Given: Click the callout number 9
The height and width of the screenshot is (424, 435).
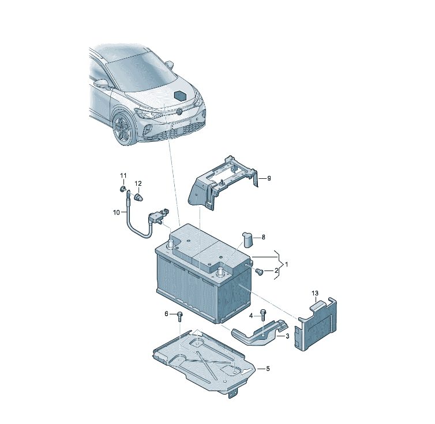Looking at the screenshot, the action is pyautogui.click(x=269, y=178).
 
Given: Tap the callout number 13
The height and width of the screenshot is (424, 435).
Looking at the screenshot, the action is pyautogui.click(x=315, y=293).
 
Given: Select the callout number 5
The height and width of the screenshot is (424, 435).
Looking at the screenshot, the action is pyautogui.click(x=268, y=369).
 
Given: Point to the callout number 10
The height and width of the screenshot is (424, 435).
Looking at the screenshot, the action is pyautogui.click(x=116, y=212).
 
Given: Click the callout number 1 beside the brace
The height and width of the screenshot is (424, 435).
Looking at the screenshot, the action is pyautogui.click(x=286, y=264).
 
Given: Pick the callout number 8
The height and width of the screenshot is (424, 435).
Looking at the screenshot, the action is pyautogui.click(x=263, y=237).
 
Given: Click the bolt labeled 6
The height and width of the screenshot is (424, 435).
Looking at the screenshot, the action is pyautogui.click(x=180, y=316).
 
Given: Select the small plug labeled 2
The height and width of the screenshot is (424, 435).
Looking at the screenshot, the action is pyautogui.click(x=260, y=271).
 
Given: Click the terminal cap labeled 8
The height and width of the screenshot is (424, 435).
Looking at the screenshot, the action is pyautogui.click(x=248, y=240).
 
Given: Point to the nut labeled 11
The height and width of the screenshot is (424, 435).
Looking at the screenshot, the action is pyautogui.click(x=122, y=189).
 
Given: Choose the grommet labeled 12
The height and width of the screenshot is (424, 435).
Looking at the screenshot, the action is pyautogui.click(x=138, y=197).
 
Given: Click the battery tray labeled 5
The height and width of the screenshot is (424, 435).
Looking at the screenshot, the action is pyautogui.click(x=204, y=362).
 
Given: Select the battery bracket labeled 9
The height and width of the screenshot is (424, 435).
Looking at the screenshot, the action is pyautogui.click(x=222, y=183).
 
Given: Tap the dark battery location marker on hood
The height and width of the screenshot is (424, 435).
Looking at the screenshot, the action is pyautogui.click(x=181, y=95).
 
